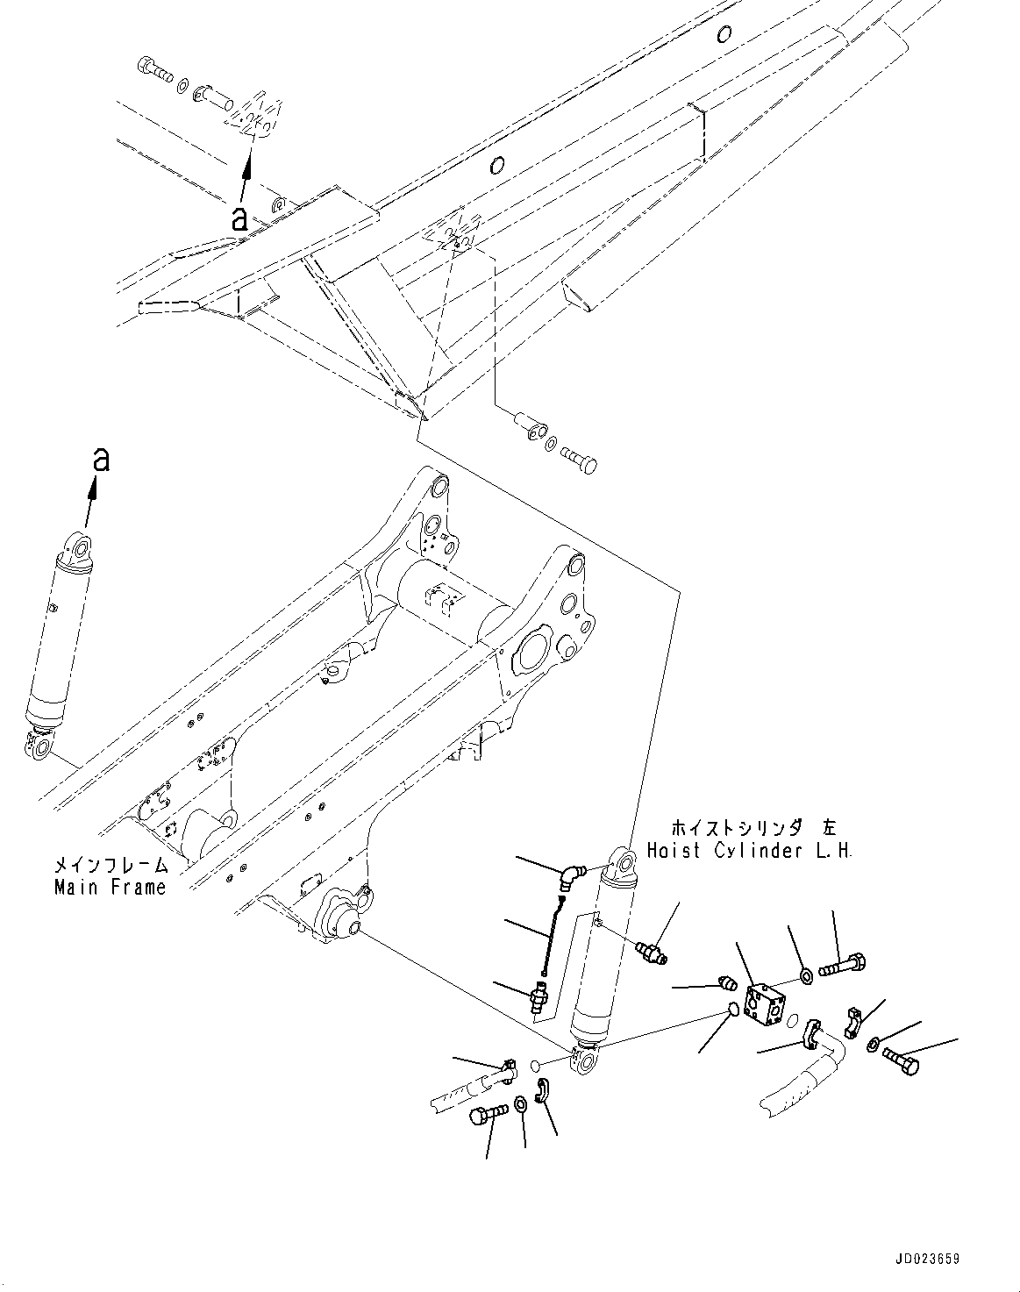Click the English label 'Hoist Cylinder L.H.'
[749, 850]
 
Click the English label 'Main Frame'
[110, 887]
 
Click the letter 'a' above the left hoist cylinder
[102, 459]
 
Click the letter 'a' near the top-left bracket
[239, 218]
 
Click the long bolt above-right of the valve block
[843, 967]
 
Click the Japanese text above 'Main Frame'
[110, 865]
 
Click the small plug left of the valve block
[724, 982]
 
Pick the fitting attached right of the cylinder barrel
[653, 952]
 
